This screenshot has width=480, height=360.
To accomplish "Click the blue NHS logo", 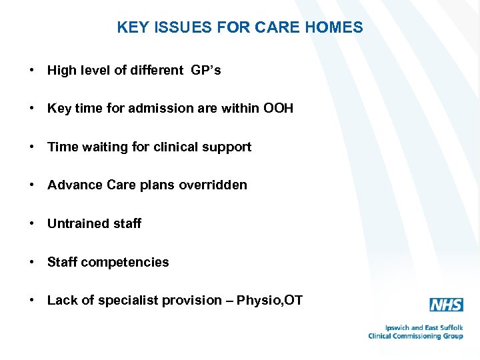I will (x=446, y=305).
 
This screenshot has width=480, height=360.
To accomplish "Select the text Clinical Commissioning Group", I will (x=415, y=336).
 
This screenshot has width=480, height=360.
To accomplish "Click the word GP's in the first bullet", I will (x=206, y=71).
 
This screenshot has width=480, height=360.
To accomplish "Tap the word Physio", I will (x=263, y=301).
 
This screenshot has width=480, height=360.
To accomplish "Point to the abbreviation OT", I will (x=295, y=301).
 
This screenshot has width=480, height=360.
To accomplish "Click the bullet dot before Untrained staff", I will (x=32, y=223).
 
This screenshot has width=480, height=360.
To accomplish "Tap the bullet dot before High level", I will (x=32, y=71).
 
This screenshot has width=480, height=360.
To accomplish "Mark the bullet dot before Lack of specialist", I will (x=32, y=301).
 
